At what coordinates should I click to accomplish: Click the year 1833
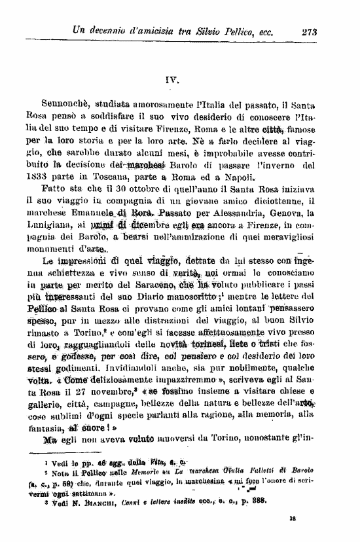(x=36, y=177)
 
